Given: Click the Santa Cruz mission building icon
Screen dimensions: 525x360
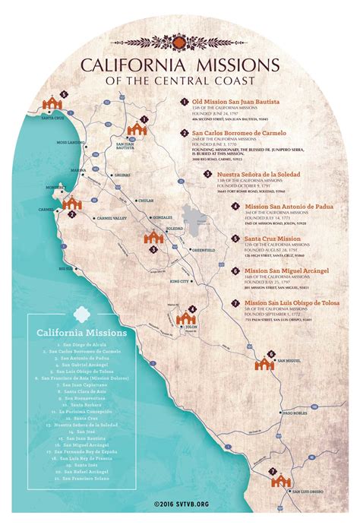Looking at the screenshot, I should click(53, 103).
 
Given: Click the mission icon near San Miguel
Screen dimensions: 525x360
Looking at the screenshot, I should click(264, 363).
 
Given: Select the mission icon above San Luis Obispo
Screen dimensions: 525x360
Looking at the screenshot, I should click(280, 480).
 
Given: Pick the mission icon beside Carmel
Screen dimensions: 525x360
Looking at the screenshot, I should click(72, 204).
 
